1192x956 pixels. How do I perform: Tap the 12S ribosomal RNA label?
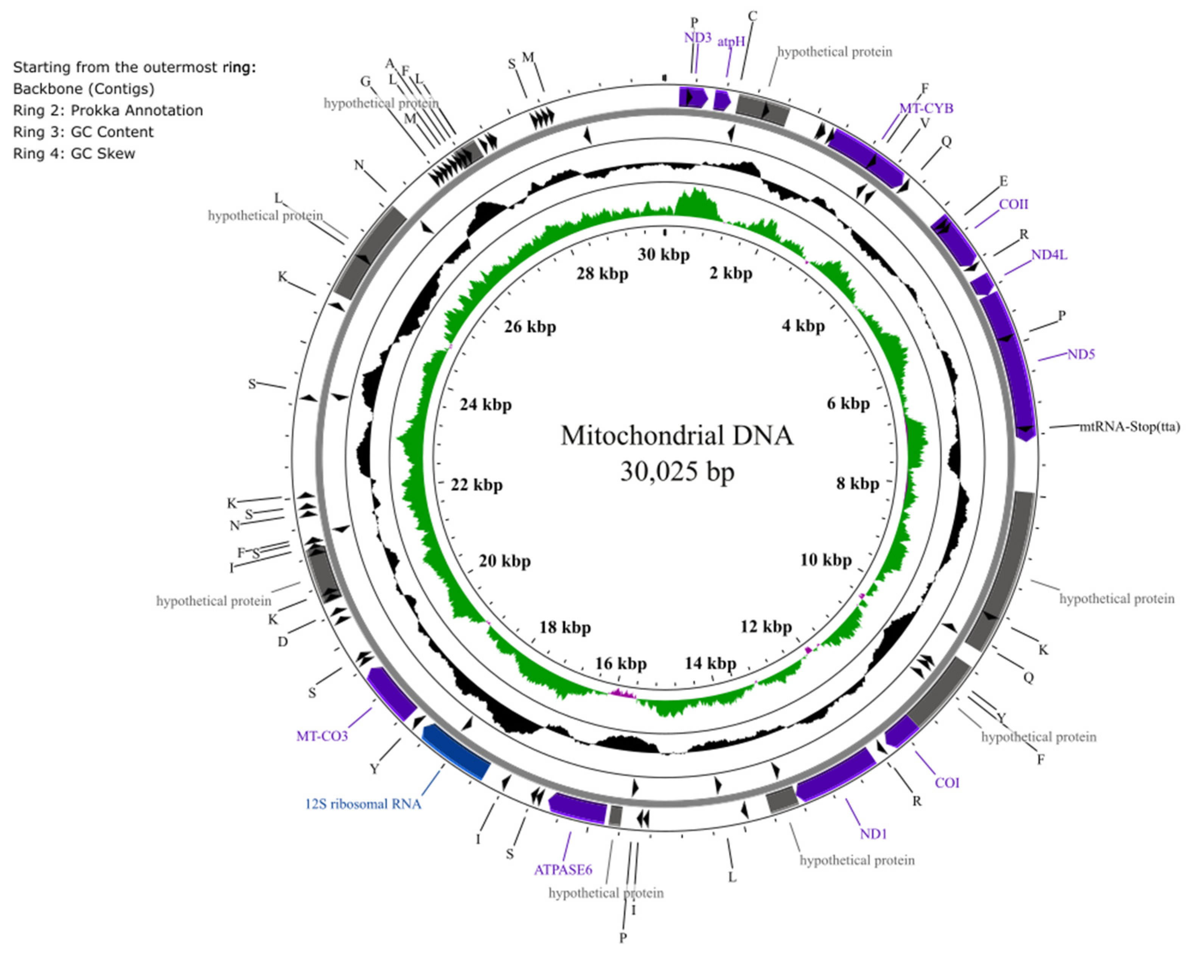363,804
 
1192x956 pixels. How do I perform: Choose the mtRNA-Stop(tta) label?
1130,426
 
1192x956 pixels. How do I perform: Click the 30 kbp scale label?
664,255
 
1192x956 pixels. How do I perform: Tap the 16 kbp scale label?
620,664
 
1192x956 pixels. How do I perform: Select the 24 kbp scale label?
485,405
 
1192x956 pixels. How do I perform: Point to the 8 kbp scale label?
857,484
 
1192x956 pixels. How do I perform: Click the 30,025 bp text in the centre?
677,472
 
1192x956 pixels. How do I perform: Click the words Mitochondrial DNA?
677,436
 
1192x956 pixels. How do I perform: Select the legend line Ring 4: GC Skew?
74,154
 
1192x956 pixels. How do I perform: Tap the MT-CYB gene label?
926,108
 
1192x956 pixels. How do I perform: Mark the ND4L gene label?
1049,255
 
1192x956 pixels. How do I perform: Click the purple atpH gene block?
721,100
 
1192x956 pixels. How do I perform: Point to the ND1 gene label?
873,833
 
